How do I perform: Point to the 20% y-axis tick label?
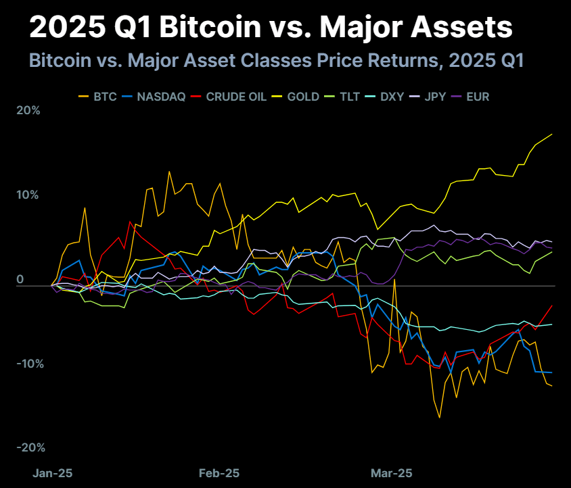coord(28,111)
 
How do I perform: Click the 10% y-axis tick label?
coord(28,195)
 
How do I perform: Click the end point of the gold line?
coord(552,134)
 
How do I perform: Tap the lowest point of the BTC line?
coord(440,418)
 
